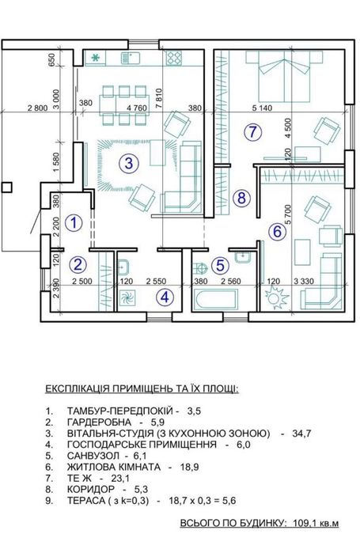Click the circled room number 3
(x=129, y=163)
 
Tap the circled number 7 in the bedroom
(x=252, y=132)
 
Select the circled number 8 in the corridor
(x=241, y=198)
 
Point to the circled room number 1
(x=74, y=222)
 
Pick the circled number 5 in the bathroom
(x=220, y=265)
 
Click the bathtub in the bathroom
(x=216, y=299)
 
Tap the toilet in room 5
(x=199, y=268)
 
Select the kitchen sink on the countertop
(x=131, y=58)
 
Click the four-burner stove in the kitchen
(x=174, y=58)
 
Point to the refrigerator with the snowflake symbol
(x=96, y=58)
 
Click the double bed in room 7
(x=284, y=75)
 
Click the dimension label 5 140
(x=262, y=108)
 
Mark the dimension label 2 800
(x=37, y=108)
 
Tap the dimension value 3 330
(x=304, y=281)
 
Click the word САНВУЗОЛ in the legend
(x=91, y=456)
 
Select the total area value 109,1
(x=303, y=523)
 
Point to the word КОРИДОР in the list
(x=91, y=489)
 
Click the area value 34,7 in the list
(x=301, y=434)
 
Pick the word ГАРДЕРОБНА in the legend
(x=99, y=422)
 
